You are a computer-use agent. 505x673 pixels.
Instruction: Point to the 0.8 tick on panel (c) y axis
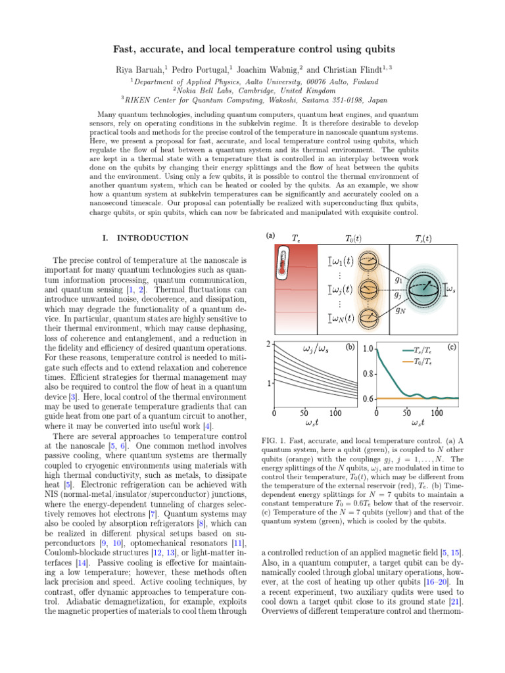[x=368, y=374]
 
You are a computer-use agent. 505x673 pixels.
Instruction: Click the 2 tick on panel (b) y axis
[x=268, y=344]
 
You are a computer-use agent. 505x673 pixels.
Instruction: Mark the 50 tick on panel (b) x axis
[x=305, y=413]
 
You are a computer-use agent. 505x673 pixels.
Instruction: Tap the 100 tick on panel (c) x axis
[x=437, y=413]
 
